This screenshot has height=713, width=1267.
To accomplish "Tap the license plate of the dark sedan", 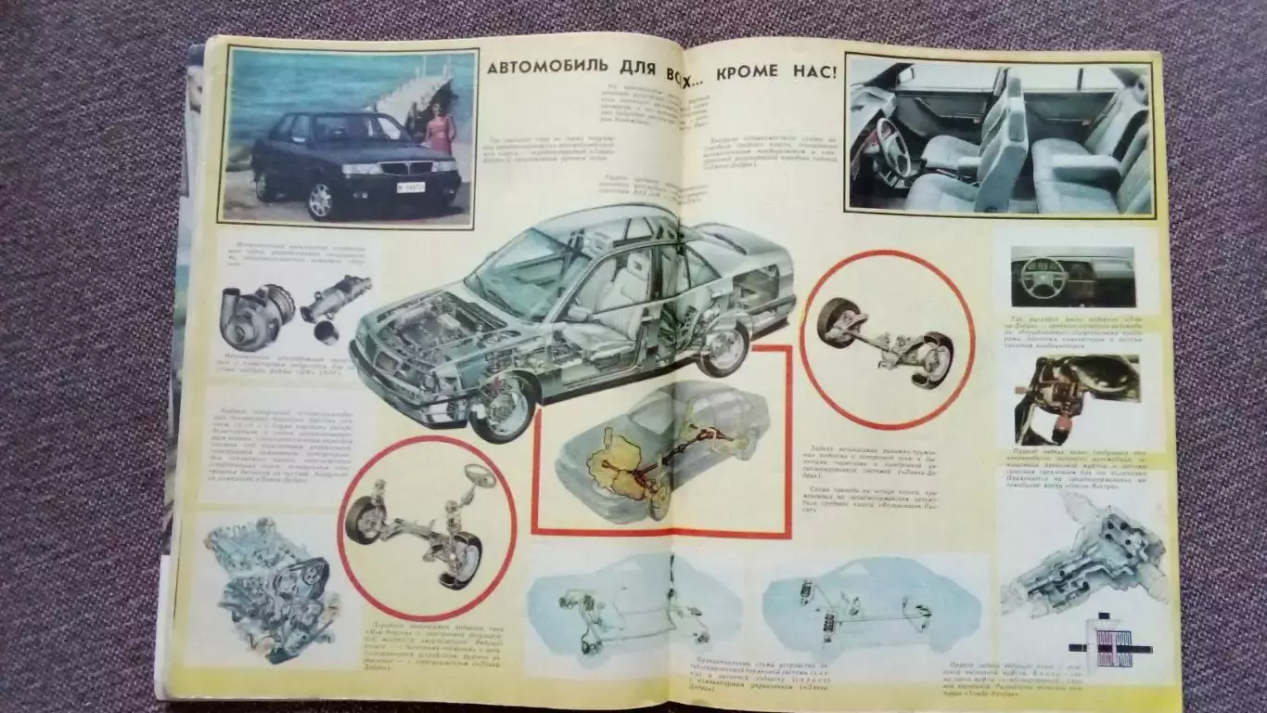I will (x=410, y=186).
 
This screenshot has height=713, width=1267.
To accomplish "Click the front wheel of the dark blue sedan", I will (x=321, y=199).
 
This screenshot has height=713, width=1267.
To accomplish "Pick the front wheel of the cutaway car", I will (x=502, y=405).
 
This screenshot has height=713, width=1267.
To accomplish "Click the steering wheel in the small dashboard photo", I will (x=1042, y=277).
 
